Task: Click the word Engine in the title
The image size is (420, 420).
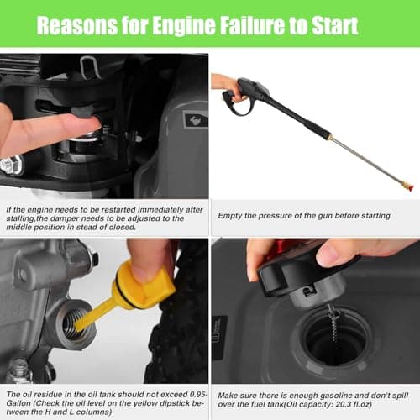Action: pyautogui.click(x=184, y=26)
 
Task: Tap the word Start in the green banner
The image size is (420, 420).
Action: pyautogui.click(x=334, y=26)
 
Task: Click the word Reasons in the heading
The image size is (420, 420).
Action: pyautogui.click(x=76, y=26)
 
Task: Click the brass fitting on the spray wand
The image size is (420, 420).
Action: pyautogui.click(x=331, y=137)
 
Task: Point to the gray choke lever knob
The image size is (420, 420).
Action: pyautogui.click(x=81, y=112)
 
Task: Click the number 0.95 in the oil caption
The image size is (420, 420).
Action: pyautogui.click(x=197, y=395)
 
